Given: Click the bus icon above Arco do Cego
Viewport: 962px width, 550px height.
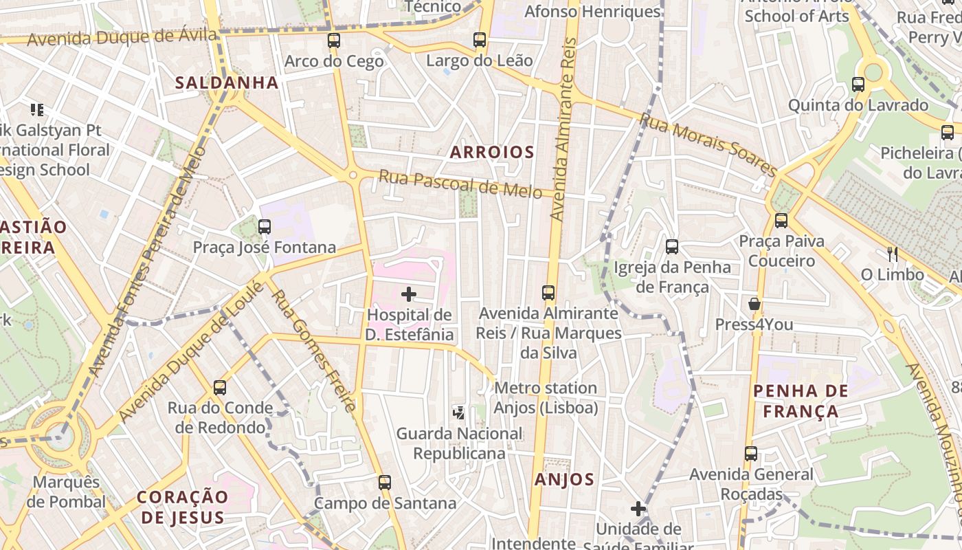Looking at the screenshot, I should pos(334,41).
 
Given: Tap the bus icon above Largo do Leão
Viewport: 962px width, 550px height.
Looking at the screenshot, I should pos(480,40).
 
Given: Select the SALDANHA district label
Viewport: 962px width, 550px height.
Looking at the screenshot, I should pos(227,83).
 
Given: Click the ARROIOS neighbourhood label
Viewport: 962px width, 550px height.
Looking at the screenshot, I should pos(492,153).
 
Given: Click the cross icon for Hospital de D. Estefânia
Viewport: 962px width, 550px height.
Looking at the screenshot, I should pos(409,295).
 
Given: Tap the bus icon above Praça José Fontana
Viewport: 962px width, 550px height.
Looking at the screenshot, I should pos(264,226).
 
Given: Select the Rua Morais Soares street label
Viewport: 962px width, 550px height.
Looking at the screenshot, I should pos(708,145).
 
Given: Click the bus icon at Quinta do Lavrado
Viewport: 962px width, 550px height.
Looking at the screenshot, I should pos(858,85).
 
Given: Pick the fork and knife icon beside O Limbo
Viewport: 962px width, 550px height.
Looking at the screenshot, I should pos(892,254).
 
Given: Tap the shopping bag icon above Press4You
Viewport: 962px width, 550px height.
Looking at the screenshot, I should pos(754,304).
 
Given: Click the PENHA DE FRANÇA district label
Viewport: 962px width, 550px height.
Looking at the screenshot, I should pos(800,401).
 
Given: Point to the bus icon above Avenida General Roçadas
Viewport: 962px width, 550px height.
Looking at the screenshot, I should pos(751,454).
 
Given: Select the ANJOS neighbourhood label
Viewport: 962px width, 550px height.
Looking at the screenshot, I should pos(564,480).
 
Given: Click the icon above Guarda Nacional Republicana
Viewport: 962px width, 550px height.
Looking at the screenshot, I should pos(459,412).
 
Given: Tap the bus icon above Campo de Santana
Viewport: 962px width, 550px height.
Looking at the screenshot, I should pos(385,483).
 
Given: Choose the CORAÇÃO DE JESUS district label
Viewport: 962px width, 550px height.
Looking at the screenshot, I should pos(182,507).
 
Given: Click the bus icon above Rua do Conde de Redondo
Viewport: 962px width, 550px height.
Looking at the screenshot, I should pos(220,388).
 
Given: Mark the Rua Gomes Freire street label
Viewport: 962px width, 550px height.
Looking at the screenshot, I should pos(314,351).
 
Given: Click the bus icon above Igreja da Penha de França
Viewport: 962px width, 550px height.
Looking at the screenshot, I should pos(672,246).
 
